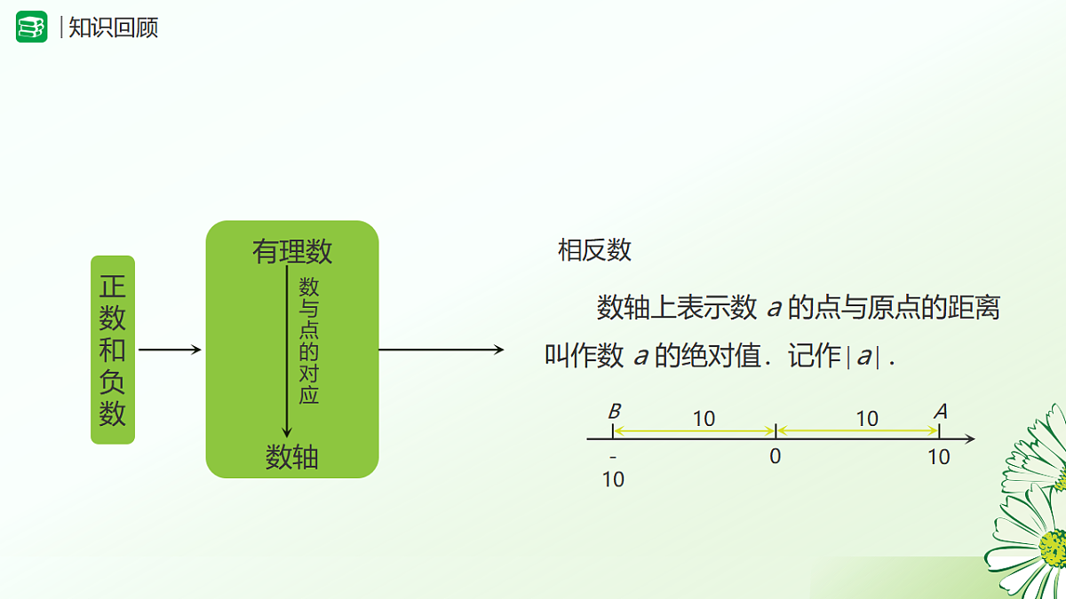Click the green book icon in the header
(x=31, y=27)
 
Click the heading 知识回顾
(x=113, y=28)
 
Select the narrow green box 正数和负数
(x=113, y=350)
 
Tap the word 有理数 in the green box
(x=292, y=252)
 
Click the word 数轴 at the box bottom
(x=292, y=457)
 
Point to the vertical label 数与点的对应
(x=308, y=341)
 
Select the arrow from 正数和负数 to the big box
(x=171, y=350)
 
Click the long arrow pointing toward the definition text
(x=442, y=350)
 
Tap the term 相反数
(x=594, y=250)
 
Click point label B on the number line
(x=614, y=412)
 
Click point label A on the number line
(x=941, y=411)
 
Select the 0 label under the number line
(x=776, y=457)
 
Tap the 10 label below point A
(x=939, y=457)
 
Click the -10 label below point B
(x=613, y=469)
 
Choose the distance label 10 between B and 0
(x=704, y=418)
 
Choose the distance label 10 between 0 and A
(x=867, y=418)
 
